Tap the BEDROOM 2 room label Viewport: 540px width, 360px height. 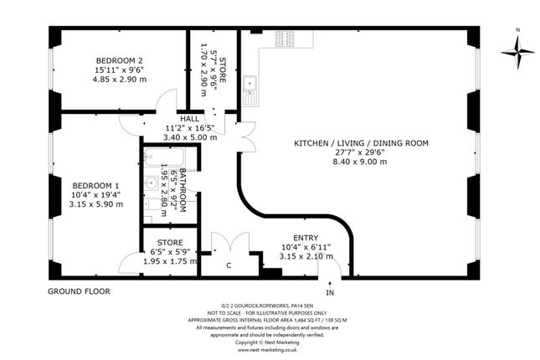(119, 60)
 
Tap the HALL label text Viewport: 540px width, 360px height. (189, 119)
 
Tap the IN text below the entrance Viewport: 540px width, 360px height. (330, 293)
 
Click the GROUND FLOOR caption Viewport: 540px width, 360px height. (79, 291)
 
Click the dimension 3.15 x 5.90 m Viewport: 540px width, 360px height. (96, 203)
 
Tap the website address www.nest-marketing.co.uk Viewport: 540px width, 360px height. (269, 351)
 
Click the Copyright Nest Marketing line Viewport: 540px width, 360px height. (269, 342)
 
